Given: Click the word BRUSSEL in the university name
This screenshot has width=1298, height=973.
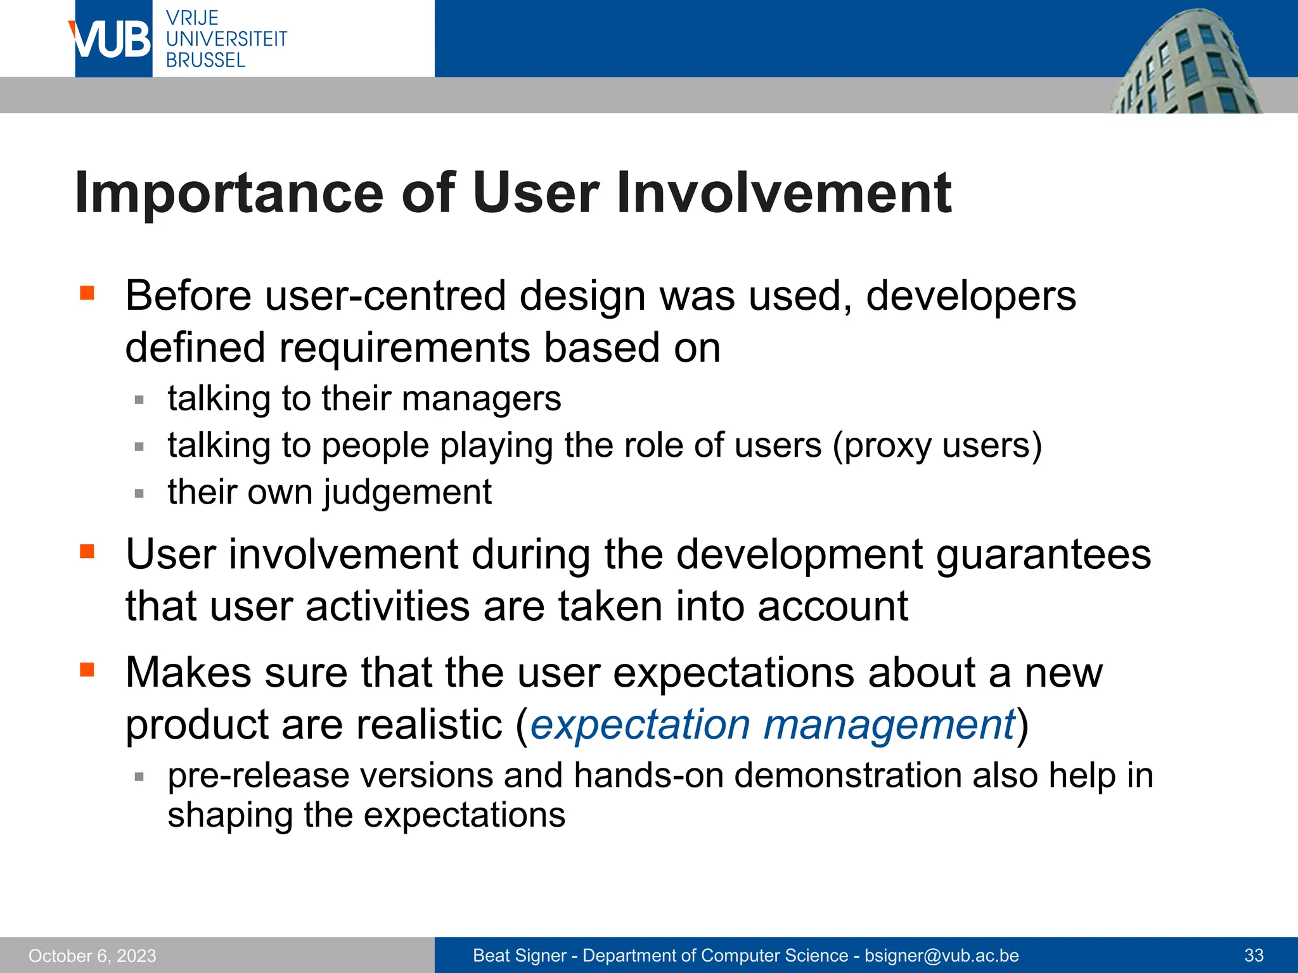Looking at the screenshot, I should pos(205,61).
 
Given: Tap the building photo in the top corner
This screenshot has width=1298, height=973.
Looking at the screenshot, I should pos(1185,63).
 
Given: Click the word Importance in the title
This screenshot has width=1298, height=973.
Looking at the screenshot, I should pos(229,193).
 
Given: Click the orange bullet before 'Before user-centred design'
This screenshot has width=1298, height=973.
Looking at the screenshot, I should pos(87,293).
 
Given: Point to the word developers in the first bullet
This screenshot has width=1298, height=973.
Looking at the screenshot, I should pos(970,296).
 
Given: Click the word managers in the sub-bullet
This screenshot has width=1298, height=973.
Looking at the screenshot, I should pos(481,399).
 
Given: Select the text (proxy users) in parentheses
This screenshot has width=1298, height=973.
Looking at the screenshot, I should pos(937,446).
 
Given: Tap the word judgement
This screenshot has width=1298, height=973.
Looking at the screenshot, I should pos(408,493).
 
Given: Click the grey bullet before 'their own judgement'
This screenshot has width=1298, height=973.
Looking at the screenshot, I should pos(139,493).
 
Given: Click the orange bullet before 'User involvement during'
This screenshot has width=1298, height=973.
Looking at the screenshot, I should pos(87,551).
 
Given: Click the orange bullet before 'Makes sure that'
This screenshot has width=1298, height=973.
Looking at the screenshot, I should pos(87,669).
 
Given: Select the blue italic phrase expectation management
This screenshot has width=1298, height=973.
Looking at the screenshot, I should pos(773,725).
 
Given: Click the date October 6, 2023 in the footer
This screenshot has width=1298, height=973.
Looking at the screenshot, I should pos(93,956).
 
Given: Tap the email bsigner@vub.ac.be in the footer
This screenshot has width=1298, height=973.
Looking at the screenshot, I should pos(941,956).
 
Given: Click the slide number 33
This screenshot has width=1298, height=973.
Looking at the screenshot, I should pos(1254,956).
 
